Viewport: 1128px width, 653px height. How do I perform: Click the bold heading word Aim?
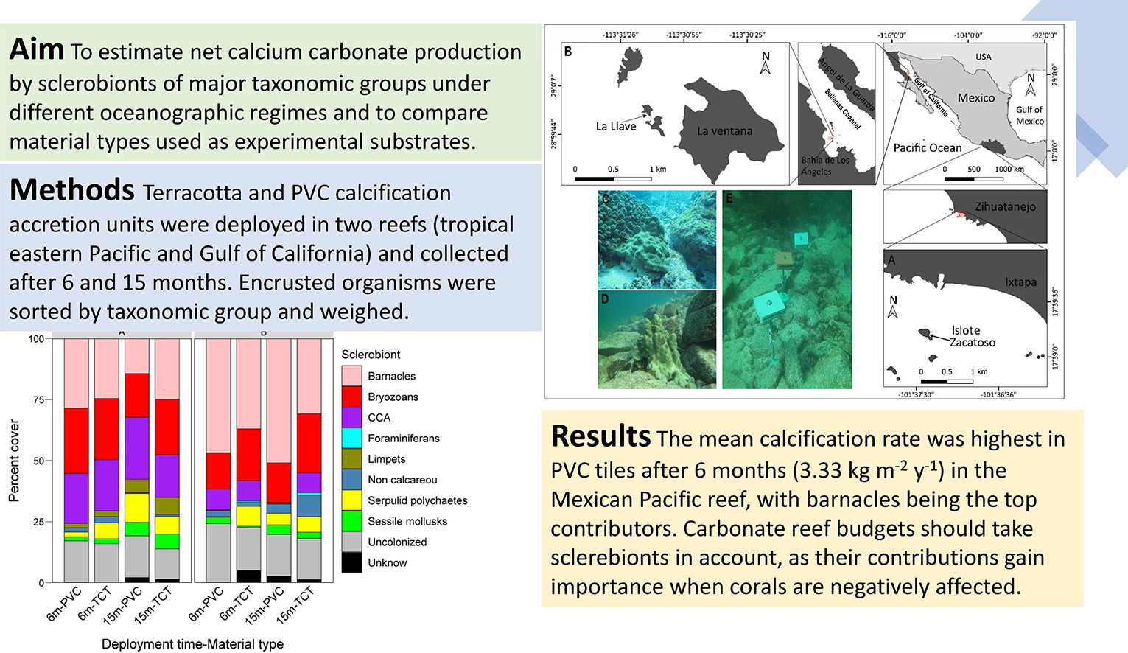37,50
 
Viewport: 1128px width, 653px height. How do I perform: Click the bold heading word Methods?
71,190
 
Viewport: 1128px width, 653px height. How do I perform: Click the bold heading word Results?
600,436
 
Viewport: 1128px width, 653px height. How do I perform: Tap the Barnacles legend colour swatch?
351,376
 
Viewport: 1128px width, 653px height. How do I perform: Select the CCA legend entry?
379,417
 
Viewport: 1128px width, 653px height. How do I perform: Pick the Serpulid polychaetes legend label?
417,500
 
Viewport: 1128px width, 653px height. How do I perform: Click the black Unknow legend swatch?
351,562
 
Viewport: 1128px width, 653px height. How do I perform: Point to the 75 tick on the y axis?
37,399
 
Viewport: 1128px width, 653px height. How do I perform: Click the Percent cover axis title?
14,461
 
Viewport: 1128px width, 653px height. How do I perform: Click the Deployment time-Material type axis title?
192,644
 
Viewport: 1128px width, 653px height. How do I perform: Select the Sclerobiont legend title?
371,355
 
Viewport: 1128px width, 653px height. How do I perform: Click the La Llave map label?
615,126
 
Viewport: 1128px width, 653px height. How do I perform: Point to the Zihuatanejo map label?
1005,207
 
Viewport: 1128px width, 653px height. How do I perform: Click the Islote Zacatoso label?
972,336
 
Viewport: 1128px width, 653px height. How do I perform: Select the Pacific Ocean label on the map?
927,147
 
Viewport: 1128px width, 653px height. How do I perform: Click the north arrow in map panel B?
766,63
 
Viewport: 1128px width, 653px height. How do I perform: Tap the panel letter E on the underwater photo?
729,199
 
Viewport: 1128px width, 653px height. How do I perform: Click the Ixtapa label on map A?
1020,282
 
